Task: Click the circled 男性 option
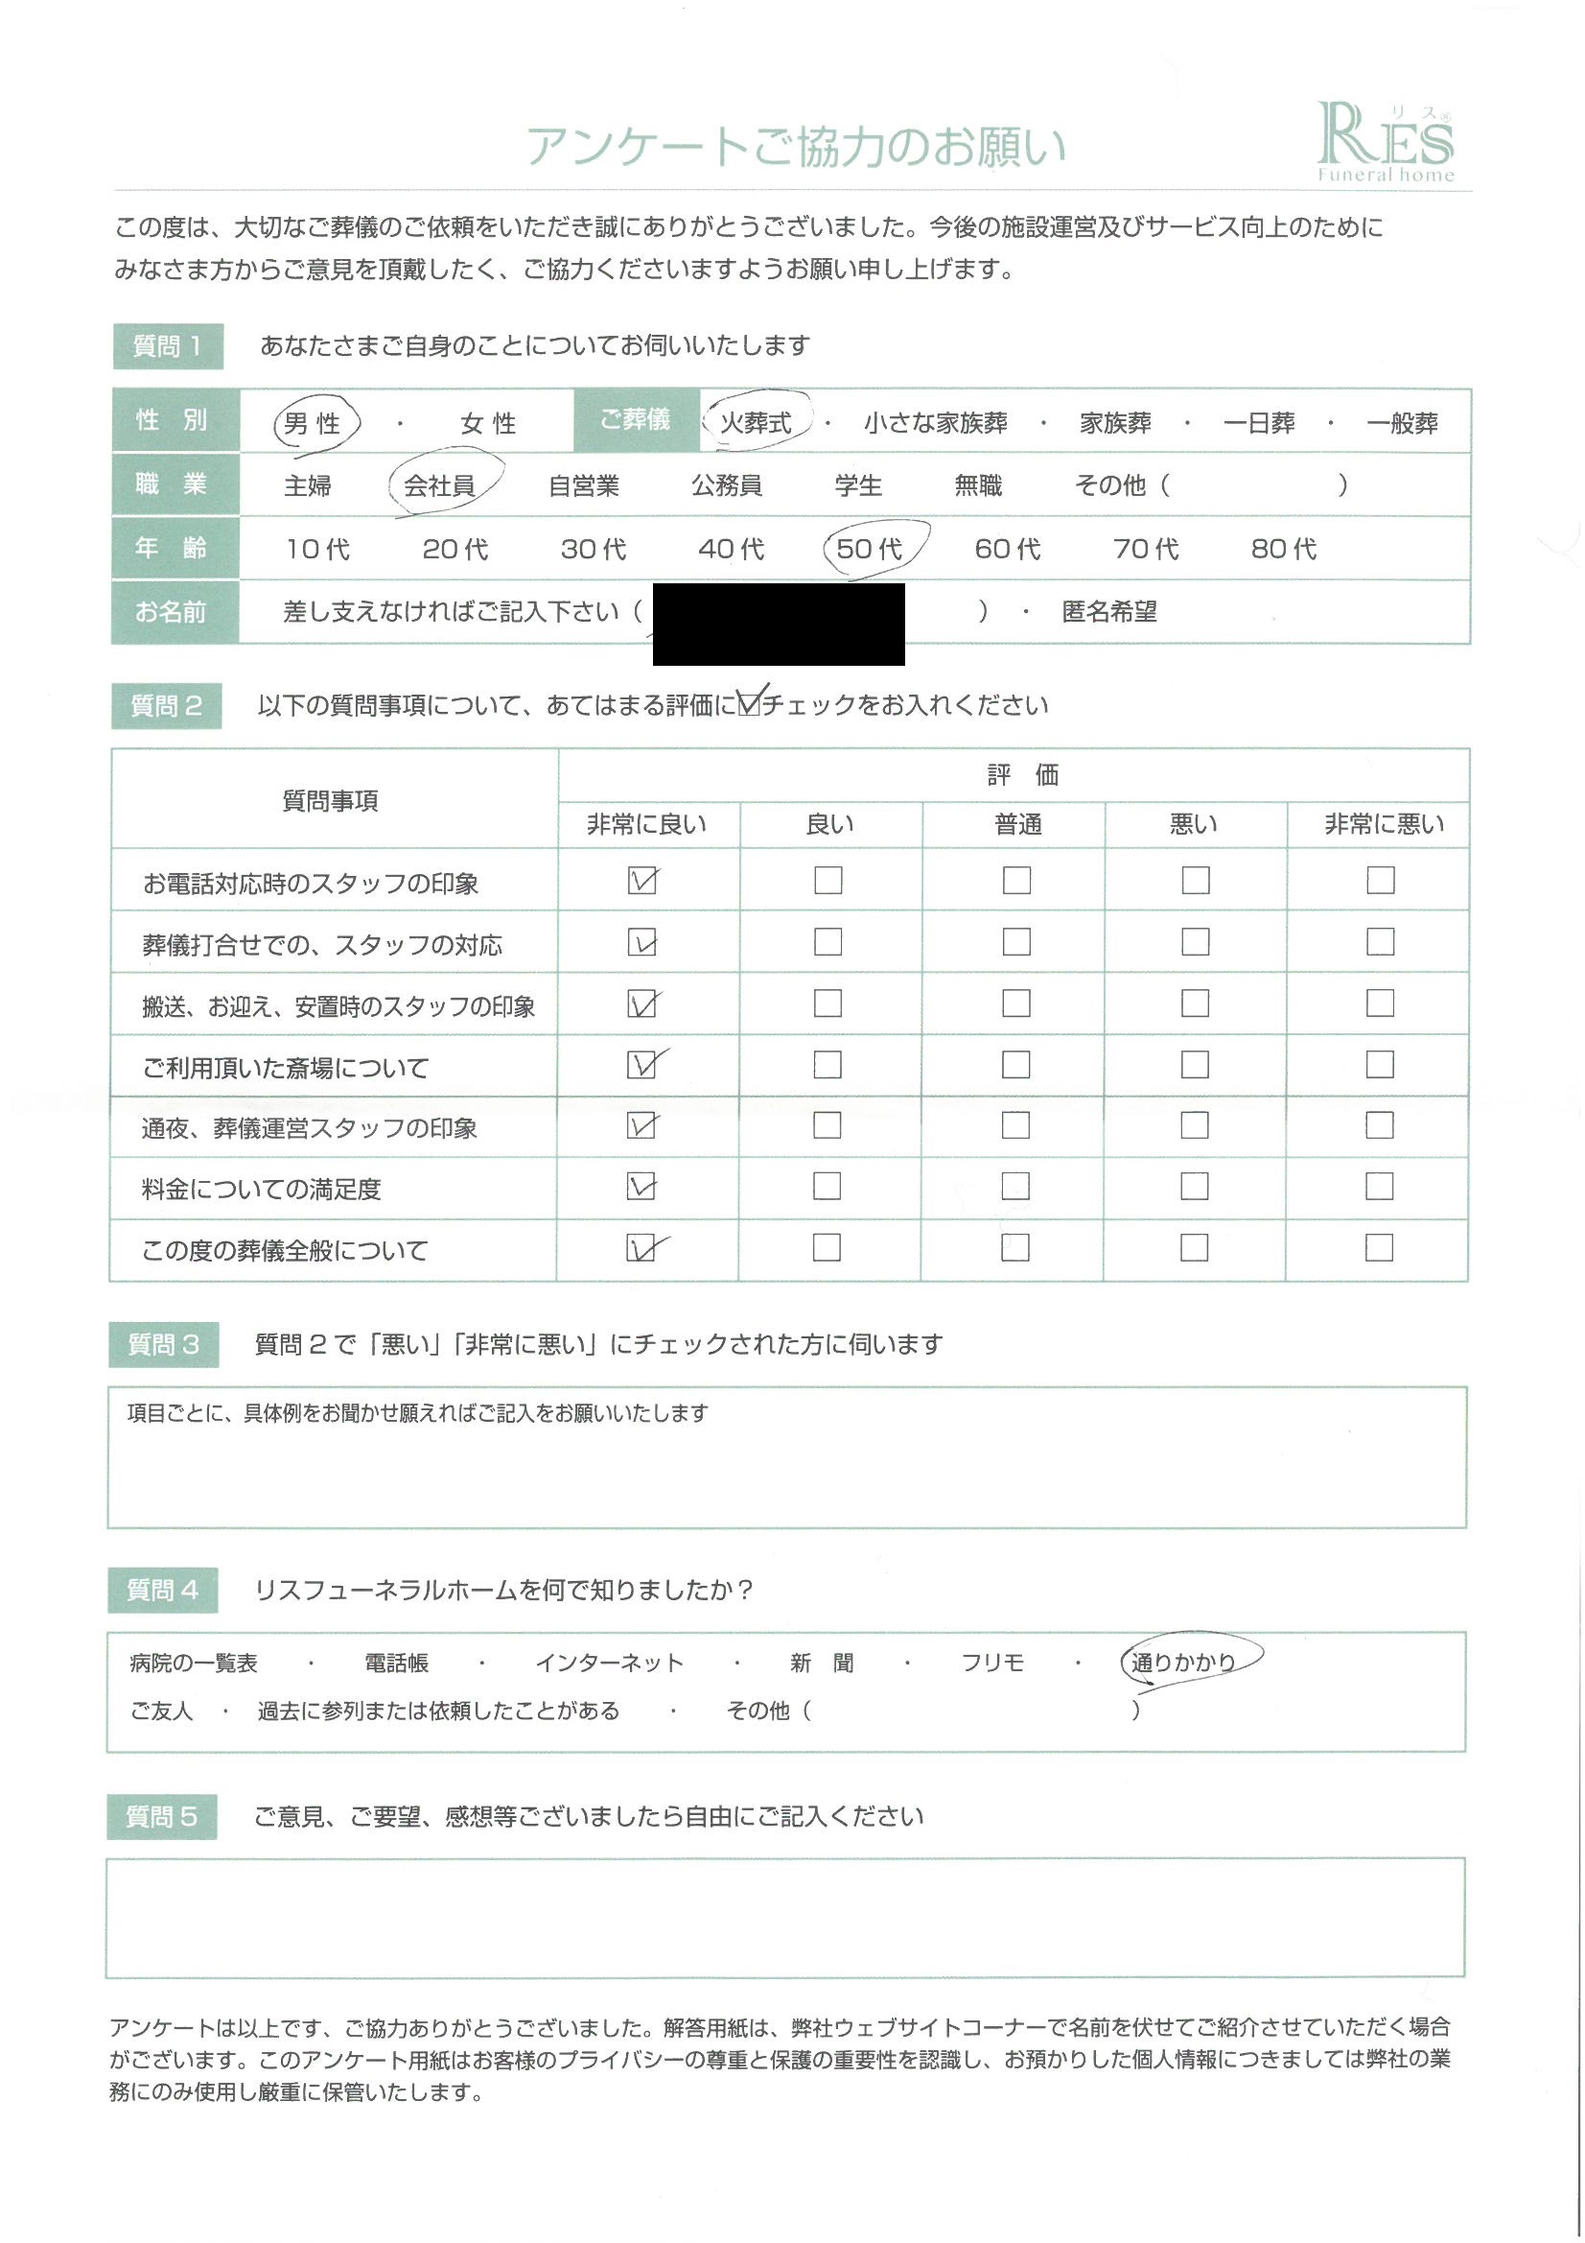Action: [313, 424]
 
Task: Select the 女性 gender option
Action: [487, 424]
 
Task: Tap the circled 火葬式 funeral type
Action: [756, 423]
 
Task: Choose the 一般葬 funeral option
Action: [1402, 424]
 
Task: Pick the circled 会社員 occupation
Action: [439, 485]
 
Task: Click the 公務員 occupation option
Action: [727, 485]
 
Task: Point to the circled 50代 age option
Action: [869, 549]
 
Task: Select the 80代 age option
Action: [1283, 549]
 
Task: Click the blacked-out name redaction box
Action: [779, 624]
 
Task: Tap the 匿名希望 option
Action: [1108, 612]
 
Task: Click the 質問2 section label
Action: [166, 706]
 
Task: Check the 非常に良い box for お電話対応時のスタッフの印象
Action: [641, 881]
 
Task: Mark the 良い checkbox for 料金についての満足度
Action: [827, 1186]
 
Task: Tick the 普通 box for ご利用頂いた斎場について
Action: [1015, 1064]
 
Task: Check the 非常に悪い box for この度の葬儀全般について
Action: [1379, 1247]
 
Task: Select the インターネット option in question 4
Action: [610, 1663]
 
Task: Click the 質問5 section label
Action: [162, 1817]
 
